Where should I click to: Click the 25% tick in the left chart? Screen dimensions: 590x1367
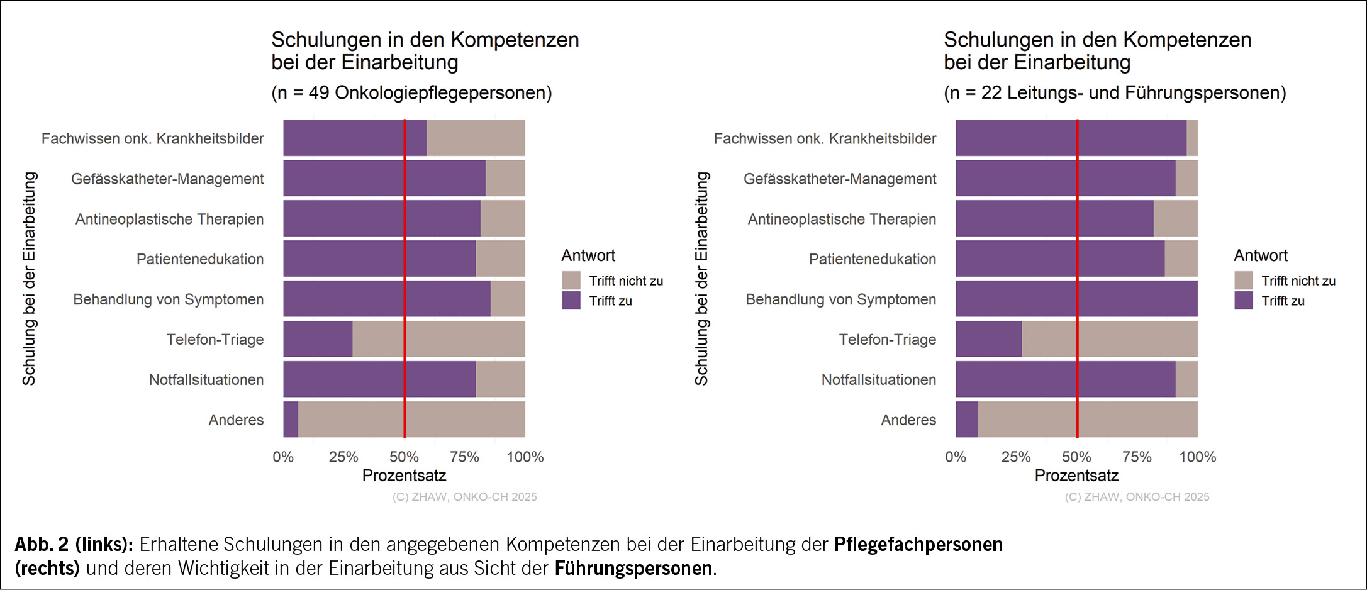[343, 457]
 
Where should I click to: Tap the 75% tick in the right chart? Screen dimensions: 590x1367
[1137, 457]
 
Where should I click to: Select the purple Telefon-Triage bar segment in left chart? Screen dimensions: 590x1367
[318, 339]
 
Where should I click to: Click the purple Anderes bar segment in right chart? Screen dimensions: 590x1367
[966, 420]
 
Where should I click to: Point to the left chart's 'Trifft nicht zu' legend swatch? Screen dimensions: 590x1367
[571, 281]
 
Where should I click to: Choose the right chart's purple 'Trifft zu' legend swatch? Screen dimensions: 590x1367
[1244, 301]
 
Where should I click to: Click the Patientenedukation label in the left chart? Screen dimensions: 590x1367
[200, 259]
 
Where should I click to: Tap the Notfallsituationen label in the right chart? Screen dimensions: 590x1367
[878, 380]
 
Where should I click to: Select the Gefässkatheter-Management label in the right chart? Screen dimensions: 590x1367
[840, 179]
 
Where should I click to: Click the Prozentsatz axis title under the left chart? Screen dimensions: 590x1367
[404, 476]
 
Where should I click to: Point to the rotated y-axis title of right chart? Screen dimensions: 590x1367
[701, 279]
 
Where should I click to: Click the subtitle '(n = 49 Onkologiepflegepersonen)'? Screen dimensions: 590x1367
[411, 93]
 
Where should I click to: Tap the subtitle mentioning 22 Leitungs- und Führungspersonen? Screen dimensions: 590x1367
[1115, 93]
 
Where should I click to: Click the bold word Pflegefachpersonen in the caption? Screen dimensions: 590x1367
[918, 544]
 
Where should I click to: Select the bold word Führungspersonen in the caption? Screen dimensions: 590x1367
[633, 569]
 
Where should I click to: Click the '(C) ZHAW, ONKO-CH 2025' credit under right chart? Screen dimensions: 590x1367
[1137, 497]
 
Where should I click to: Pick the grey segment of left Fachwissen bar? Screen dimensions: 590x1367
[476, 138]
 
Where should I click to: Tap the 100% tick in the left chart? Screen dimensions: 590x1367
[525, 457]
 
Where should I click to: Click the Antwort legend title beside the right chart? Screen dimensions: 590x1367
[1261, 255]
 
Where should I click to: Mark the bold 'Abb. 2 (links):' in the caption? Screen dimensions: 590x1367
[74, 544]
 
